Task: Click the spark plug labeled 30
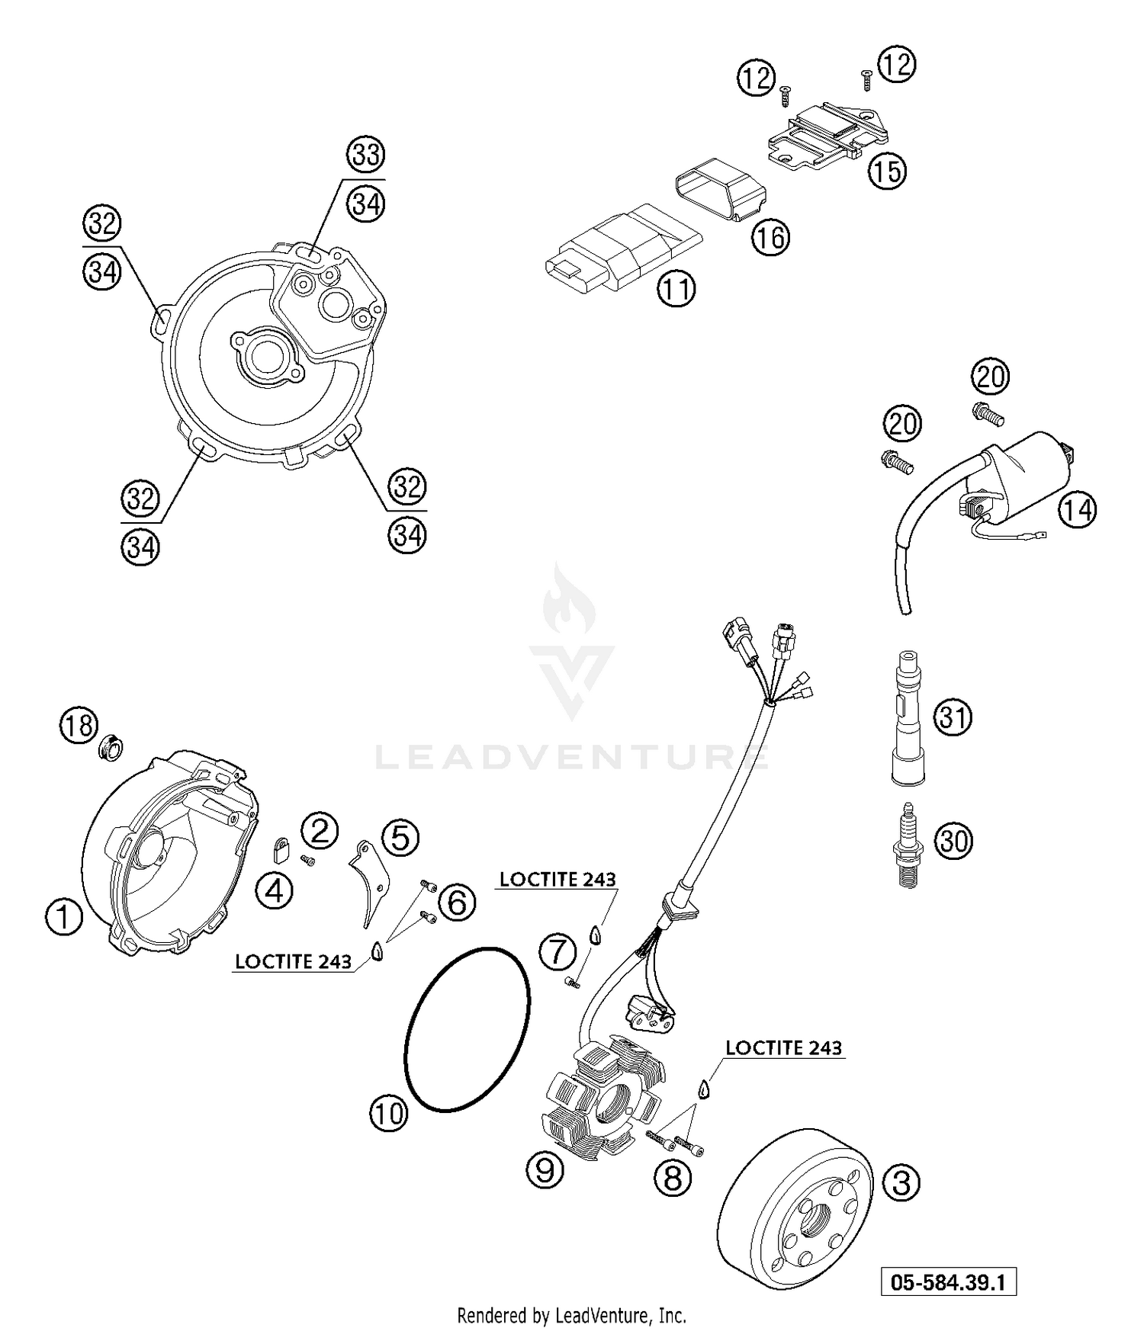tap(908, 847)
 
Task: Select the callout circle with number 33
tap(366, 155)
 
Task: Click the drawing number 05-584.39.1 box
tap(949, 1282)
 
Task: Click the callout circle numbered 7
tap(558, 951)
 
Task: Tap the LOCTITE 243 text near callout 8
tap(783, 1048)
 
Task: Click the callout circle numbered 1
tap(64, 916)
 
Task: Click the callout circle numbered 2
tap(320, 829)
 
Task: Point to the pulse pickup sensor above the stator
tap(648, 1010)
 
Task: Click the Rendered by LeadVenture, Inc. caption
tap(571, 1315)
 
